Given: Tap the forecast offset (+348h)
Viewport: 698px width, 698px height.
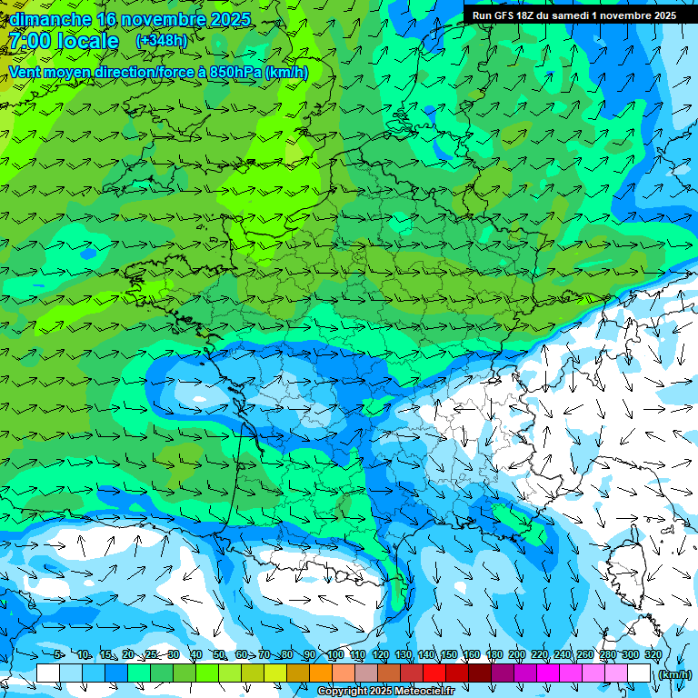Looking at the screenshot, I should tap(161, 41).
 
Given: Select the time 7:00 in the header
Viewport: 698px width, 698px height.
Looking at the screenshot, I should tap(32, 41).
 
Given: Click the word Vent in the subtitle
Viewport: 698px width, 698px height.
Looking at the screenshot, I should tap(27, 72).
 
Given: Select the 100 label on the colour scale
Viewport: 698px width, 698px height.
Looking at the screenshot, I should tap(334, 655).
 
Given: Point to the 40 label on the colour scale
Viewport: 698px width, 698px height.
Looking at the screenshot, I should tap(196, 655).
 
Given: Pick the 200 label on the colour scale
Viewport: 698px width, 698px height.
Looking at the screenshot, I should tap(516, 655).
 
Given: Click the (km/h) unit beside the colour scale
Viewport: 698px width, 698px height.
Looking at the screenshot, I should tap(673, 673).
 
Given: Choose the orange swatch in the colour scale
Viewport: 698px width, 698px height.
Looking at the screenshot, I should tap(321, 673).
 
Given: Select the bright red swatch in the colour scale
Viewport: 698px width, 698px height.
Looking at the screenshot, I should tap(434, 673).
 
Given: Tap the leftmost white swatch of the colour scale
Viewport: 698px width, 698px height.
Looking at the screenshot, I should tap(48, 673).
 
